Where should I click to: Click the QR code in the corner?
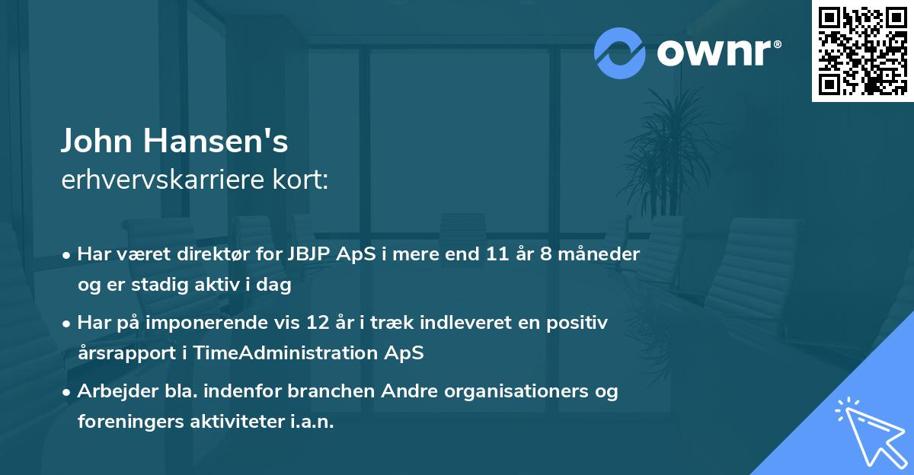[x=863, y=51]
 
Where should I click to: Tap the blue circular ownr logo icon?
[x=620, y=53]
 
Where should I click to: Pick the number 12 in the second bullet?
[x=336, y=323]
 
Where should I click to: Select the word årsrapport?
[x=123, y=353]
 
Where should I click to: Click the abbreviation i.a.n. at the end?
[x=310, y=422]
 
